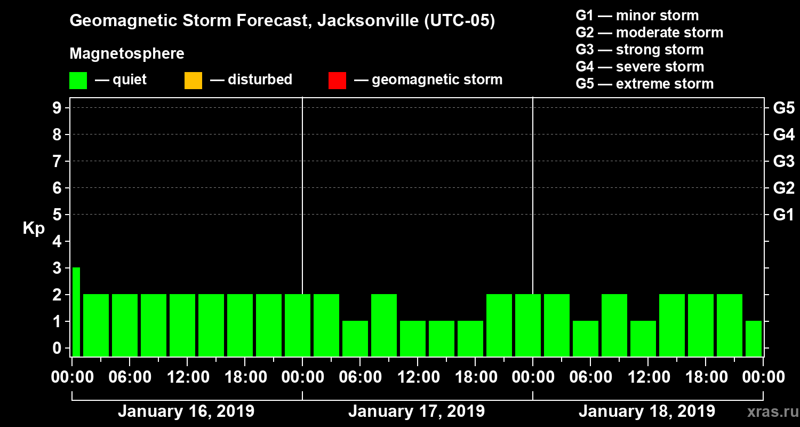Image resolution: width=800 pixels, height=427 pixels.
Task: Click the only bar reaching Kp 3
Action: (76, 312)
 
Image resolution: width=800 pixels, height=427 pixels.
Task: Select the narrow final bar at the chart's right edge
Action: (753, 338)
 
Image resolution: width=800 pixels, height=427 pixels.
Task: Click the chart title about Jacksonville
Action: (282, 21)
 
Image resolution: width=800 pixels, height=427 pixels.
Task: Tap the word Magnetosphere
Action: (127, 54)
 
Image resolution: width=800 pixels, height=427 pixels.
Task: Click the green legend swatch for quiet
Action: (78, 81)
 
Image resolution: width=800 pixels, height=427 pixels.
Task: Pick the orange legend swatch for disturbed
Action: (193, 81)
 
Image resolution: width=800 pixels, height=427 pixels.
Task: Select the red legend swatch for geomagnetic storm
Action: (337, 81)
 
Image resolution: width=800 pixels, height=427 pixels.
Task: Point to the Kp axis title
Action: (34, 228)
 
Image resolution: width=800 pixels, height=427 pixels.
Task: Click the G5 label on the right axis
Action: (783, 108)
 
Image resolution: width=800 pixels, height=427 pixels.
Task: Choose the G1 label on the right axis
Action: (783, 215)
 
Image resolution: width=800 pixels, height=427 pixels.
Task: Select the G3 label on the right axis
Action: (783, 162)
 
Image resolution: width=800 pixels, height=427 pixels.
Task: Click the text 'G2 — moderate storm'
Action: (649, 33)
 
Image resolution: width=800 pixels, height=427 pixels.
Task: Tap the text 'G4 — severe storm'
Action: (639, 67)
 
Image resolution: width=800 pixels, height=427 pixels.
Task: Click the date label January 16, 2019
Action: (186, 412)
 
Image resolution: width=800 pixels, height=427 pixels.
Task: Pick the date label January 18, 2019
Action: (647, 412)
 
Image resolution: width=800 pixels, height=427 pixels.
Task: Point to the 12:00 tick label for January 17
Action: (418, 377)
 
